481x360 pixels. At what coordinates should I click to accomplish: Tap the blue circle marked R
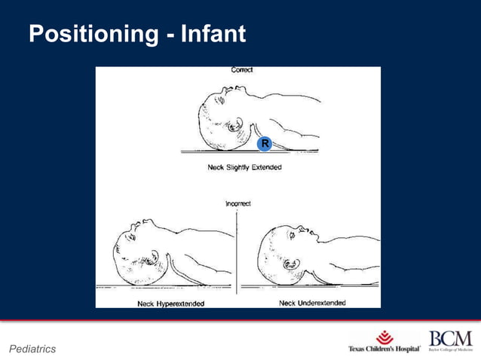[x=265, y=143]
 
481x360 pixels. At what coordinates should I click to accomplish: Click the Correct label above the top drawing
[x=241, y=70]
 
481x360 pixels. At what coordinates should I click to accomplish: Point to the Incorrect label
[x=237, y=203]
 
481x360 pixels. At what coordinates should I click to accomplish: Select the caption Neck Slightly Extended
[x=244, y=167]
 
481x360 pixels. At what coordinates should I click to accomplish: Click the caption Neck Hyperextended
[x=170, y=304]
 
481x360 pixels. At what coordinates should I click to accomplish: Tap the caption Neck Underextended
[x=312, y=303]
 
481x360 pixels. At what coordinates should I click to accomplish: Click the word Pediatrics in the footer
[x=32, y=349]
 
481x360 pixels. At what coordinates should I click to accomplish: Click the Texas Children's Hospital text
[x=384, y=349]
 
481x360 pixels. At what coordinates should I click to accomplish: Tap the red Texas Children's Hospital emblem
[x=384, y=336]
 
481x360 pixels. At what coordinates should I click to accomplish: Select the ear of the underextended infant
[x=290, y=266]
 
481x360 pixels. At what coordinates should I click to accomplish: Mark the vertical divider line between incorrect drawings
[x=237, y=252]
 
